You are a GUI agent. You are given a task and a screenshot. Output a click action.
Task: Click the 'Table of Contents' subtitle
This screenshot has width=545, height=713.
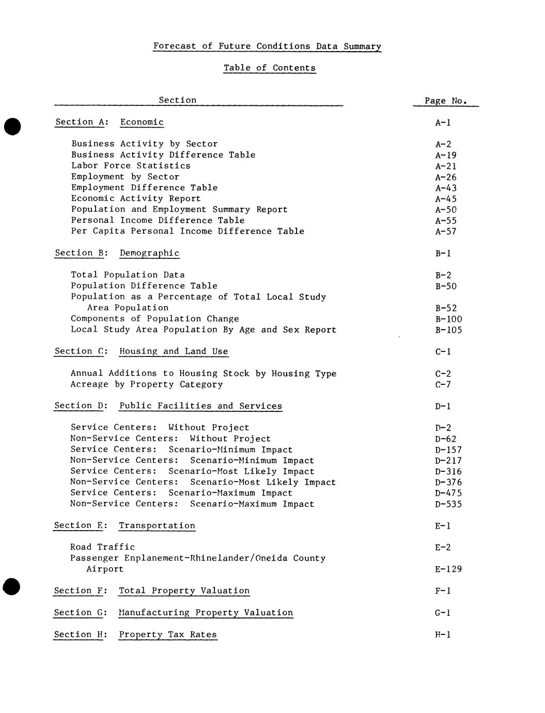(269, 68)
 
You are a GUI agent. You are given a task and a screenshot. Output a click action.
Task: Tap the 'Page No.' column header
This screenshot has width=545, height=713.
(445, 101)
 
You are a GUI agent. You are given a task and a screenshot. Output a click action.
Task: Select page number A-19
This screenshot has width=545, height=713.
(445, 155)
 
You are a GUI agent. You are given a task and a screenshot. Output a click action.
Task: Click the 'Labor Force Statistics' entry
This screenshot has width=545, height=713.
(131, 166)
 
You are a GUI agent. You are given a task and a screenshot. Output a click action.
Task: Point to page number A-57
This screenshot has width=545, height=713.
(445, 231)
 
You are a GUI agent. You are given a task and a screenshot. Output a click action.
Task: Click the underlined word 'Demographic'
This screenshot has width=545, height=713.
(149, 253)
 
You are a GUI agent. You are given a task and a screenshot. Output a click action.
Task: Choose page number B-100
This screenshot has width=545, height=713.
(448, 319)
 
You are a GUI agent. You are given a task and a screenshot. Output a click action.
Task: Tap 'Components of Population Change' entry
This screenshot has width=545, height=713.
(154, 319)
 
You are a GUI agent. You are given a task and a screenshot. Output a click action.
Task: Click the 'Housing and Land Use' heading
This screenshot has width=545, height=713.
(174, 351)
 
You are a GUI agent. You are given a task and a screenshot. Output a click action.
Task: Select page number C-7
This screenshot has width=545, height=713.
(443, 384)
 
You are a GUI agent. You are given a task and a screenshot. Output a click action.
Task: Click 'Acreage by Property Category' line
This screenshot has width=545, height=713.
(147, 384)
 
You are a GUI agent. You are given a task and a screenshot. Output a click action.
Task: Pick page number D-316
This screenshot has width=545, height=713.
(448, 472)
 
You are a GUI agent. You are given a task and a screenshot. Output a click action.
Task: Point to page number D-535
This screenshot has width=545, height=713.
(448, 504)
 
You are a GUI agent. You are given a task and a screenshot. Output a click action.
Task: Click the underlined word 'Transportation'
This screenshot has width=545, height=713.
(157, 525)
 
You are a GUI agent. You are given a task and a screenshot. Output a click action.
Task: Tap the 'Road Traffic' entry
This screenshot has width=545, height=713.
(102, 547)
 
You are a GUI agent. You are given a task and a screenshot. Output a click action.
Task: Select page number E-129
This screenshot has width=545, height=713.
(448, 569)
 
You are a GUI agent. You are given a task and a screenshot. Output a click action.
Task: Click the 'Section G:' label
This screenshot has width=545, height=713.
(80, 613)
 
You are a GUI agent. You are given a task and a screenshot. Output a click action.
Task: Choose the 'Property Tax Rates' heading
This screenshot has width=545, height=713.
(168, 634)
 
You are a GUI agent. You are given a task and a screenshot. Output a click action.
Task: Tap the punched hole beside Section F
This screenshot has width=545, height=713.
(11, 587)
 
